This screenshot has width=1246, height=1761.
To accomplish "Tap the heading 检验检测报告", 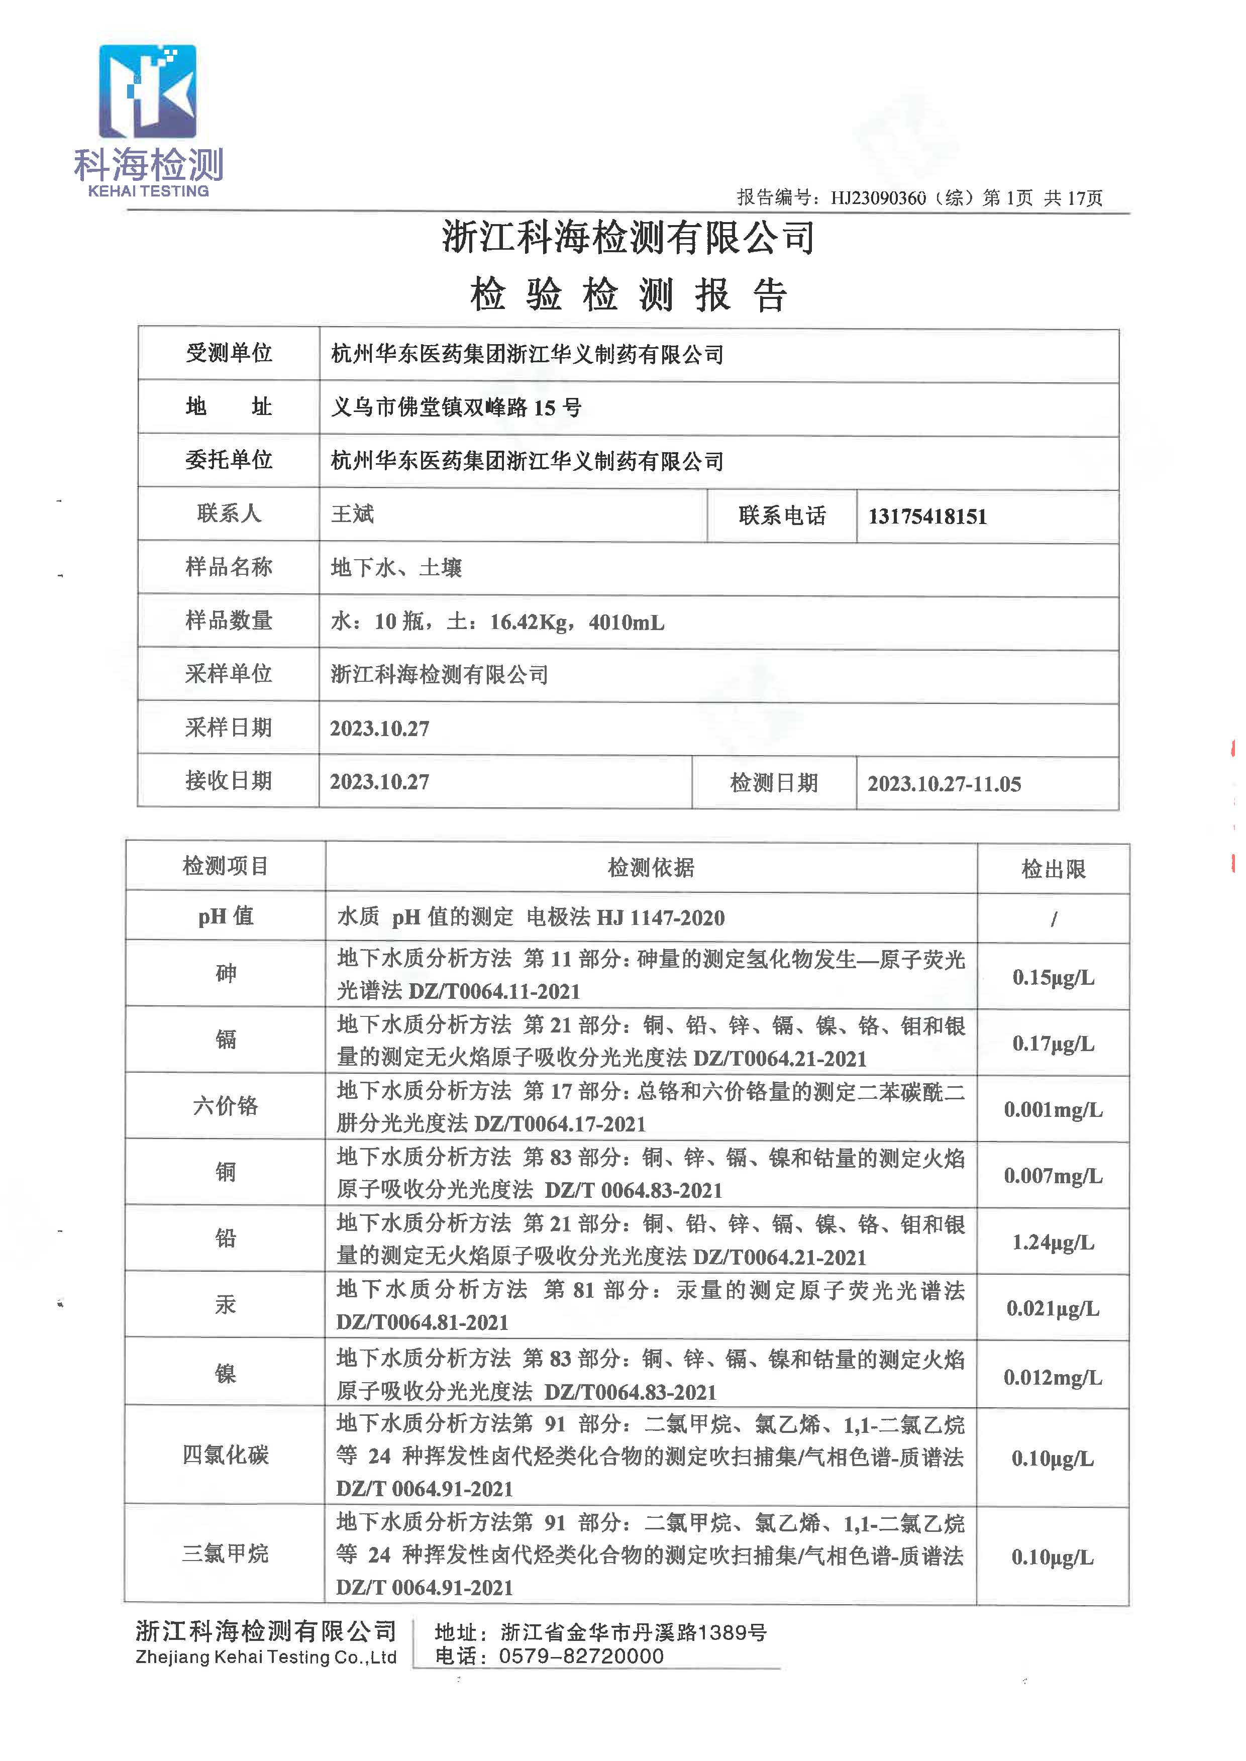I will click(x=629, y=294).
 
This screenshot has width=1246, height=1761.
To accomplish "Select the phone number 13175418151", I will click(x=927, y=516).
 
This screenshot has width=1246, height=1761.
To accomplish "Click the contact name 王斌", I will click(x=352, y=514).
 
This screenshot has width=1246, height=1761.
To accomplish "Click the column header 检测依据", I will click(x=651, y=868).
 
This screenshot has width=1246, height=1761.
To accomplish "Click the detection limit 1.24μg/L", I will click(x=1053, y=1242).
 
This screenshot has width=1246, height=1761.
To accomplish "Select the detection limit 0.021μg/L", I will click(x=1053, y=1308).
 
